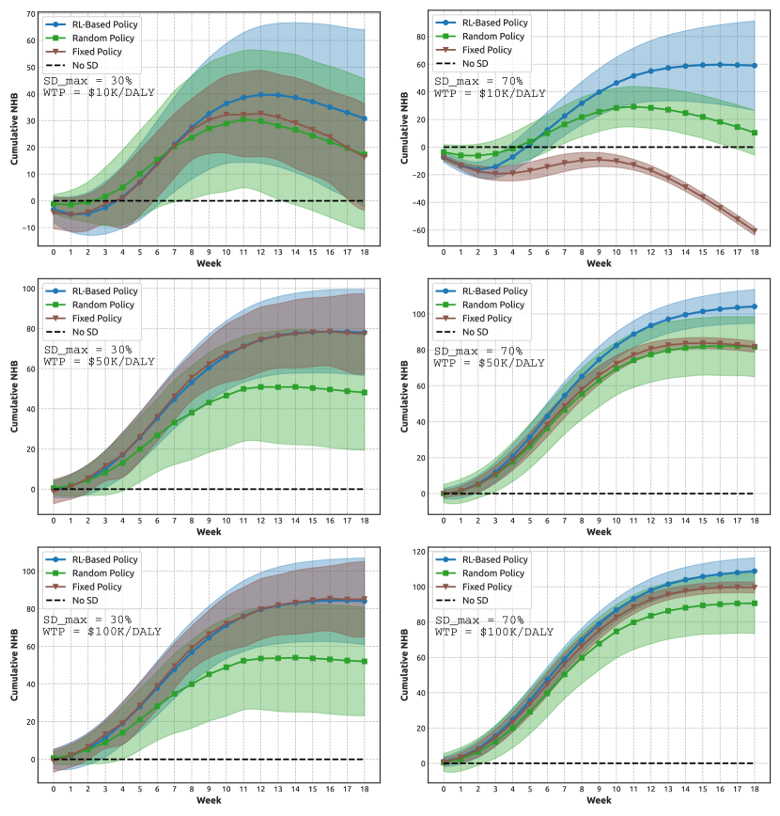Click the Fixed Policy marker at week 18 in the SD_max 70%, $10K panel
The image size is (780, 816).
755,230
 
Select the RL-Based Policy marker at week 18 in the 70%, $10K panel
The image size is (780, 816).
755,65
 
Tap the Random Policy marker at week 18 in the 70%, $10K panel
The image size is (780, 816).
755,133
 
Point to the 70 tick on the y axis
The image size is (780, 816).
30,14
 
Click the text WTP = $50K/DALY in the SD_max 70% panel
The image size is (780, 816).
488,362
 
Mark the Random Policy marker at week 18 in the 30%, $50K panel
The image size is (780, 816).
364,392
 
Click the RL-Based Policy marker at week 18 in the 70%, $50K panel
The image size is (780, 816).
755,306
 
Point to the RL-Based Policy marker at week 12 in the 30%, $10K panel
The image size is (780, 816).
260,94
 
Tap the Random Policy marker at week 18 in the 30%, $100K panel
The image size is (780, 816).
364,662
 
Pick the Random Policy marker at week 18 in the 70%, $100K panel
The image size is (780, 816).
755,603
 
